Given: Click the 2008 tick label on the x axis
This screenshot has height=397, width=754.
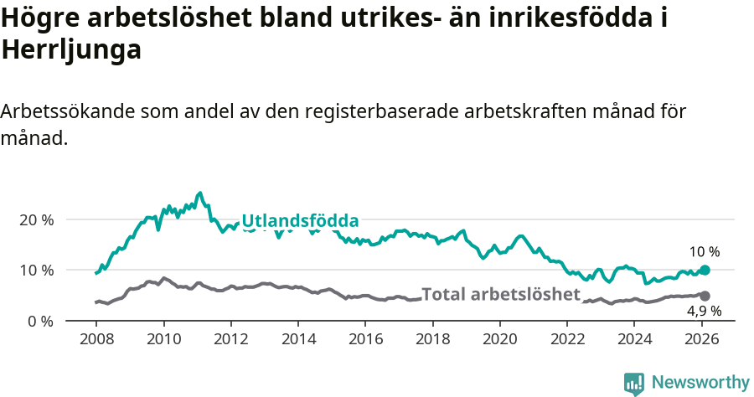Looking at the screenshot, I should click(x=96, y=340).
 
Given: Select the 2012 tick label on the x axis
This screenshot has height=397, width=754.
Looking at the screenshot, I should click(x=230, y=340).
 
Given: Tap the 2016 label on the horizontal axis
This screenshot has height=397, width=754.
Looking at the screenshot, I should click(x=365, y=340).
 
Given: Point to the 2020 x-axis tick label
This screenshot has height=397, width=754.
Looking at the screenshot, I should click(x=499, y=340).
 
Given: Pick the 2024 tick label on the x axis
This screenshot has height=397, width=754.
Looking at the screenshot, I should click(x=634, y=340).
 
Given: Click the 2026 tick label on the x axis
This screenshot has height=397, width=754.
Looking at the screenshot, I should click(x=702, y=340).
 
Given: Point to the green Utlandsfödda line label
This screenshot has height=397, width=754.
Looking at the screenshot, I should click(x=300, y=221).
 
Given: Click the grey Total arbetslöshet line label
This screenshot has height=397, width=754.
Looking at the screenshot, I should click(x=500, y=294).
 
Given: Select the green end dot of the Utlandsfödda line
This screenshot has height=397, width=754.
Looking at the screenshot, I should click(x=705, y=270).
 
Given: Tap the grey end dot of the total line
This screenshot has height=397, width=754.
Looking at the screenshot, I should click(x=705, y=296).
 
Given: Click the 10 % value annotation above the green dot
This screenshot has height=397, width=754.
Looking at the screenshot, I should click(x=705, y=251).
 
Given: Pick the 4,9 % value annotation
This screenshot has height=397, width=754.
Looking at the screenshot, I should click(x=705, y=312).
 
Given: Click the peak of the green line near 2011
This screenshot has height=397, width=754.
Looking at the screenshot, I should click(x=199, y=193).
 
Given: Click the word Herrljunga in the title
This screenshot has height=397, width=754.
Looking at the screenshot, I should click(x=71, y=50).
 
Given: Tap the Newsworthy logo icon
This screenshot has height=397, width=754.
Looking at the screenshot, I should click(x=633, y=384).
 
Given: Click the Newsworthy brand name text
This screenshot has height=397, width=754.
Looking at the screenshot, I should click(x=700, y=383).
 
